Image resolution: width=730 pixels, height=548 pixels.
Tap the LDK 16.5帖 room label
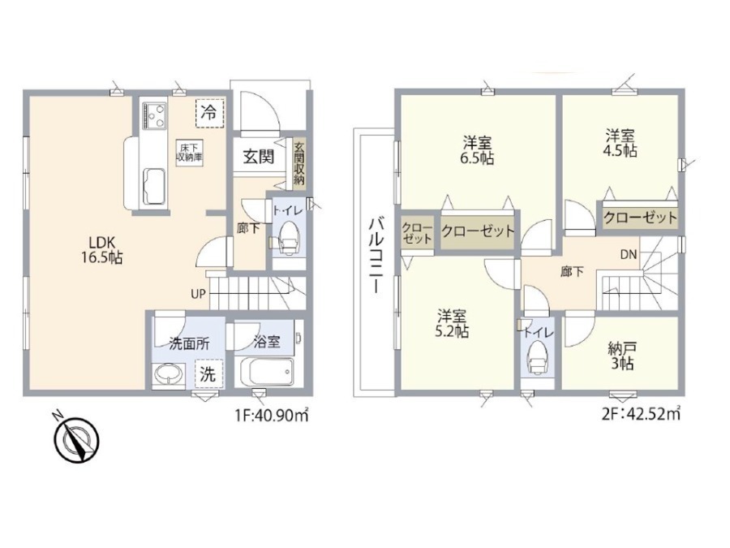(102, 250)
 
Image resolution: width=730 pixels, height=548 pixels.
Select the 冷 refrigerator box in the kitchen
(209, 113)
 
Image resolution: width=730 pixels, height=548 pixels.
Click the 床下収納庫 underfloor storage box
(190, 152)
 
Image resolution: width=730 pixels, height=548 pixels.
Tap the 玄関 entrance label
(259, 157)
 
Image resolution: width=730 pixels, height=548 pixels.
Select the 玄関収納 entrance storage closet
(298, 163)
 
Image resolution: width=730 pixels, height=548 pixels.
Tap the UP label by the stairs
(198, 294)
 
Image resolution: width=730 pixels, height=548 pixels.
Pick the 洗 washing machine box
(208, 373)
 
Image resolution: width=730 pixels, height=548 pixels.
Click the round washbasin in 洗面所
(169, 374)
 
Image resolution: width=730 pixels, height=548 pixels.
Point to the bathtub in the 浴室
(267, 371)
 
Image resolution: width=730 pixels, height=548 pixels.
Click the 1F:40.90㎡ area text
(272, 415)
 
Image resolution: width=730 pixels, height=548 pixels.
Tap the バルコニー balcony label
(376, 256)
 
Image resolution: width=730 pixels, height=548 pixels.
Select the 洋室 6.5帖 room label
(477, 149)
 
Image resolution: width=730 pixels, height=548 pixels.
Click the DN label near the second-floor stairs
(628, 254)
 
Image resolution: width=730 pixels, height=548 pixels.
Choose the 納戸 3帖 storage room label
(622, 356)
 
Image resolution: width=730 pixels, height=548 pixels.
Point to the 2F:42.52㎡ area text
(641, 414)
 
